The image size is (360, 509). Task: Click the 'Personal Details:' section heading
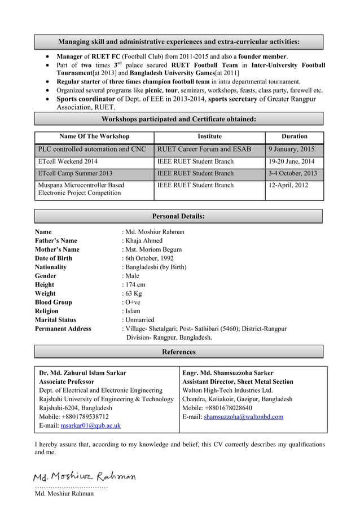point(178,217)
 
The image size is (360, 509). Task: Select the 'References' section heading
point(178,352)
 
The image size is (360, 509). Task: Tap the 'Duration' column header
point(294,137)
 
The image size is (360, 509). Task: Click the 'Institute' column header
point(209,137)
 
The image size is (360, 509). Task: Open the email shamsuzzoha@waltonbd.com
point(244,417)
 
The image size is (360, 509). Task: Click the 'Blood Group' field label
point(53,302)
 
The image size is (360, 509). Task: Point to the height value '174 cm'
point(135,285)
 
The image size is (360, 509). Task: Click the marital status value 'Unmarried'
point(140,320)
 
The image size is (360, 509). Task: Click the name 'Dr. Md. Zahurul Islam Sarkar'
point(82,373)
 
